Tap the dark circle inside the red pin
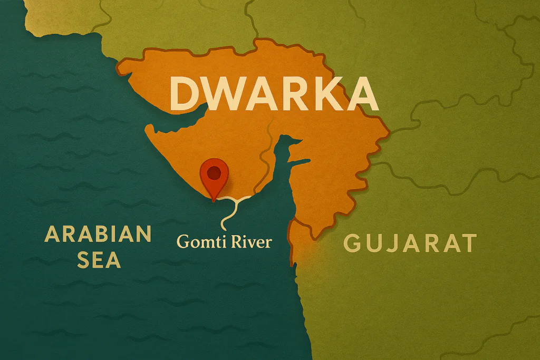pos(214,172)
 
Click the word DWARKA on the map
pos(274,93)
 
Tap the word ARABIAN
pos(98,233)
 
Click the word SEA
pos(98,259)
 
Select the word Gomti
pos(198,242)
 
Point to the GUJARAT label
pos(410,244)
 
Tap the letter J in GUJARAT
pos(392,244)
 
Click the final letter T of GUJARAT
pos(468,244)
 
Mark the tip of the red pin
pos(214,201)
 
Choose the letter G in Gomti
pos(182,242)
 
